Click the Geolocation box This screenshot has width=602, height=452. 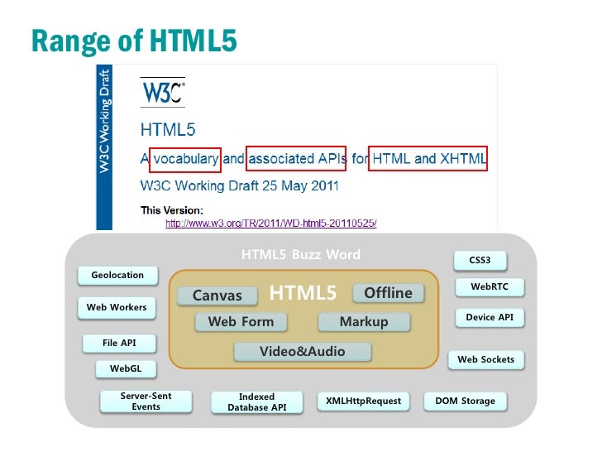click(x=117, y=275)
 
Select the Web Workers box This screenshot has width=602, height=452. click(x=117, y=307)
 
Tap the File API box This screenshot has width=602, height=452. click(x=119, y=342)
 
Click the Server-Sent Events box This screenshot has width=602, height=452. click(x=146, y=402)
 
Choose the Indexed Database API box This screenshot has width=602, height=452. click(x=256, y=402)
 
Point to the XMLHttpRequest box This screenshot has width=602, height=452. click(x=363, y=401)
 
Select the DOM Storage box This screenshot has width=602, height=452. click(x=465, y=401)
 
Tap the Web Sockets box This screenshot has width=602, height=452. click(x=485, y=359)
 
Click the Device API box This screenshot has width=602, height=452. click(x=490, y=317)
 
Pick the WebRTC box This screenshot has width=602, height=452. click(x=490, y=286)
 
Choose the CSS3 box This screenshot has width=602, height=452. click(x=480, y=260)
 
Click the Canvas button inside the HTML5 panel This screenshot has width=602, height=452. click(x=217, y=296)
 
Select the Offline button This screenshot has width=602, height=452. click(x=388, y=293)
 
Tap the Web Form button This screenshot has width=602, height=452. click(x=241, y=322)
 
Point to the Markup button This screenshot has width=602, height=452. click(x=364, y=322)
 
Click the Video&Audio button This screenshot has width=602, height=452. click(x=303, y=352)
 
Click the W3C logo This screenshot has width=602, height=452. click(x=163, y=91)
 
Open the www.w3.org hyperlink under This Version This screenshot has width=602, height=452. click(x=271, y=224)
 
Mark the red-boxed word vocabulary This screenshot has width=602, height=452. click(x=187, y=158)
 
